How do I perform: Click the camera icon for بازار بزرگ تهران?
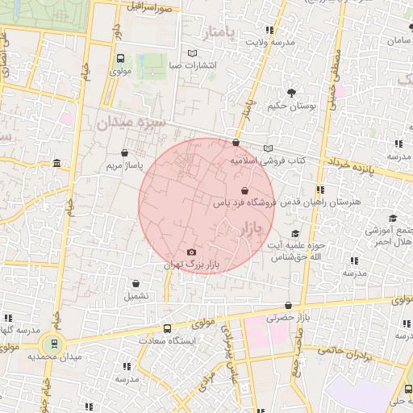tap(191, 252)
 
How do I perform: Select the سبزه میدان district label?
tap(130, 123)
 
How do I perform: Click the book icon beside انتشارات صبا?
tap(192, 54)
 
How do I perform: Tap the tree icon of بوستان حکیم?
tap(290, 91)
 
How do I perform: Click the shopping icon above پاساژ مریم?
tap(124, 152)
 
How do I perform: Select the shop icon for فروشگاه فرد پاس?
tap(244, 190)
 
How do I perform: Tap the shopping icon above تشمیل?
tap(136, 283)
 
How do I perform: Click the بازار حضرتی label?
tap(290, 318)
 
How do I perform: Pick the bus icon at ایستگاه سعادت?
tap(167, 328)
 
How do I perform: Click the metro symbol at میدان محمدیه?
tap(52, 343)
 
